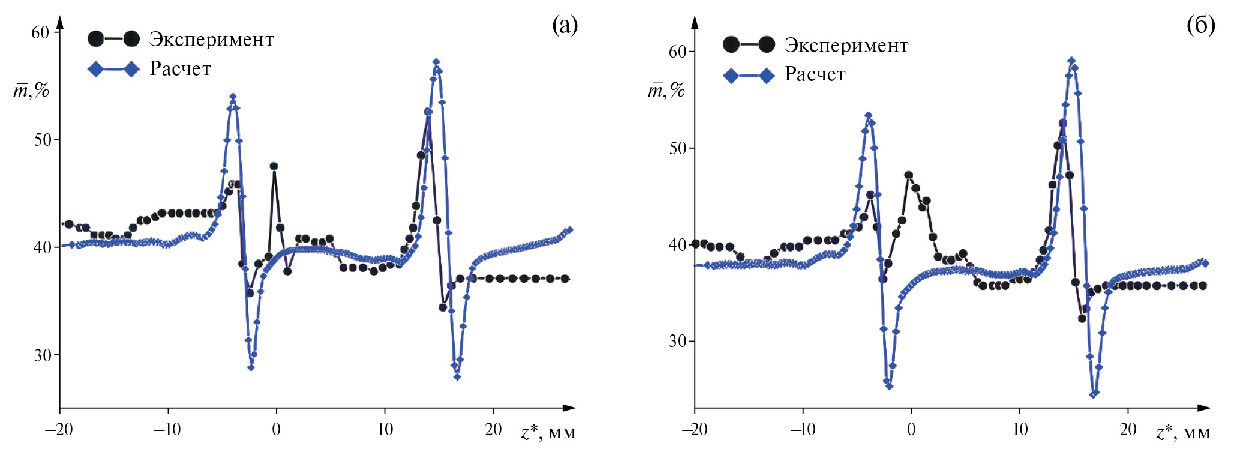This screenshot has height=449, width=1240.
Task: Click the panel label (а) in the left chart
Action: coord(565,25)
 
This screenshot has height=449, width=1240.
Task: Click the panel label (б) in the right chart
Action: coord(1200,25)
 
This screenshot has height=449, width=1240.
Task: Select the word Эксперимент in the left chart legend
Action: coord(211,40)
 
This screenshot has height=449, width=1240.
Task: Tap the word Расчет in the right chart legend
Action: coord(815,74)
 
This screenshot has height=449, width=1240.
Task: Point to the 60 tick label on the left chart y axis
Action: coord(40,32)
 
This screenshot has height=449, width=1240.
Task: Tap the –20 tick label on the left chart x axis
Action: coord(59,429)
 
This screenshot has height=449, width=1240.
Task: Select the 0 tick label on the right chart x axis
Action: coord(911,429)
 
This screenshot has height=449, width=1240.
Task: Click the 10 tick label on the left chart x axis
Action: coord(385,429)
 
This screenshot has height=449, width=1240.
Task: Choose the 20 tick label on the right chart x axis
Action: coord(1128,429)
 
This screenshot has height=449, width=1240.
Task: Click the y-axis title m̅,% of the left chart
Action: coord(31,91)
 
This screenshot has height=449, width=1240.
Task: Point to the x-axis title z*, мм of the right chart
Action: coord(1183,432)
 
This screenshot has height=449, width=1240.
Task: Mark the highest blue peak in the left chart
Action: coord(436,62)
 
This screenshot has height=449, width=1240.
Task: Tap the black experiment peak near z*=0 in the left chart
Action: coord(274,166)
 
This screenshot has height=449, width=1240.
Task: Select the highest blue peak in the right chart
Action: coord(1071,61)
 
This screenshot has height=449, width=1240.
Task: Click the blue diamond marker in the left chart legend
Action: coord(96,69)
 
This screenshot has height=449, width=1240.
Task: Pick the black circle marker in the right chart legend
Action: coord(731,44)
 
